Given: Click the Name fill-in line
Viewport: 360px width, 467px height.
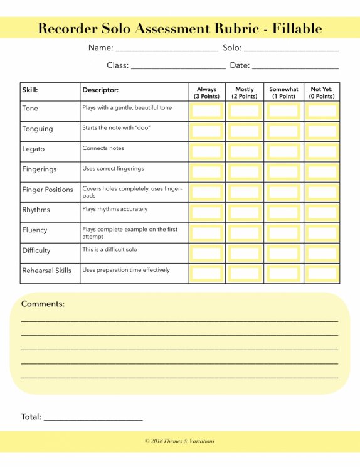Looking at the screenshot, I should click(x=167, y=49).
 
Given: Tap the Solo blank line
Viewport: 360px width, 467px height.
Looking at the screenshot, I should click(x=290, y=49).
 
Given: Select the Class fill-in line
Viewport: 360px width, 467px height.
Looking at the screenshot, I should click(x=178, y=67).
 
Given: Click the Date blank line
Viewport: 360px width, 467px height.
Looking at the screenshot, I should click(x=295, y=67).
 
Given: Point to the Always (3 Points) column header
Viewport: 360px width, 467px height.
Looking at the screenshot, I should click(x=206, y=93).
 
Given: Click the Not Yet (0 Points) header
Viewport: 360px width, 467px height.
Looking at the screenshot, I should click(x=322, y=93).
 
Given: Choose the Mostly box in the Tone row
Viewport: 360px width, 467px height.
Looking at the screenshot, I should click(x=245, y=111).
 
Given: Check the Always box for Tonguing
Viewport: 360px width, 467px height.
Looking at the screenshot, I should click(x=206, y=132).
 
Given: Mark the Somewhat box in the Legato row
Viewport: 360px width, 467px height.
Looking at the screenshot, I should click(x=283, y=152).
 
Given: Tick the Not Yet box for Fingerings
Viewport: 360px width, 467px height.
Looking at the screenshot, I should click(x=322, y=172).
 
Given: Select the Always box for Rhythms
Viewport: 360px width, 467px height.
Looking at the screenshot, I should click(x=206, y=213).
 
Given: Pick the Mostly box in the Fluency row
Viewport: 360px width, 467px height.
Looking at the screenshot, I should click(x=245, y=233).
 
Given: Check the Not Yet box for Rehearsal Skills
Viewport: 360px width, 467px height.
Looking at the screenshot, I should click(x=322, y=273).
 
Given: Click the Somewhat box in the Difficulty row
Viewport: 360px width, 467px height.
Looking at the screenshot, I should click(x=283, y=253).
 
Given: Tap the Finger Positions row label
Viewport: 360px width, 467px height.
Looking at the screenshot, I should click(x=48, y=190).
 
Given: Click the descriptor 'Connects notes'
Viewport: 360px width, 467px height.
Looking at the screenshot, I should click(x=103, y=149).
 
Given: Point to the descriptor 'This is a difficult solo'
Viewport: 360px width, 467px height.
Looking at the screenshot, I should click(x=109, y=250).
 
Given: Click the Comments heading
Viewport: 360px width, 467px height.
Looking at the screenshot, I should click(x=43, y=304).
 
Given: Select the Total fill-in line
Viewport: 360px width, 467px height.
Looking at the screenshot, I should click(x=93, y=418).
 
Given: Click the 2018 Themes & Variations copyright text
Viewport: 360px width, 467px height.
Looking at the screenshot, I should click(x=180, y=441).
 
